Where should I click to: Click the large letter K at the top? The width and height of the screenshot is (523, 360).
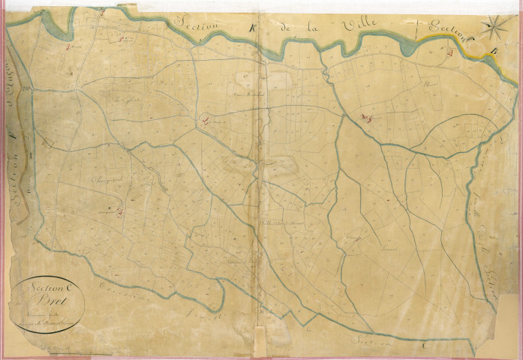[252, 29]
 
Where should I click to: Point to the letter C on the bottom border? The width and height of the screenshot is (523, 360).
[425, 346]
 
